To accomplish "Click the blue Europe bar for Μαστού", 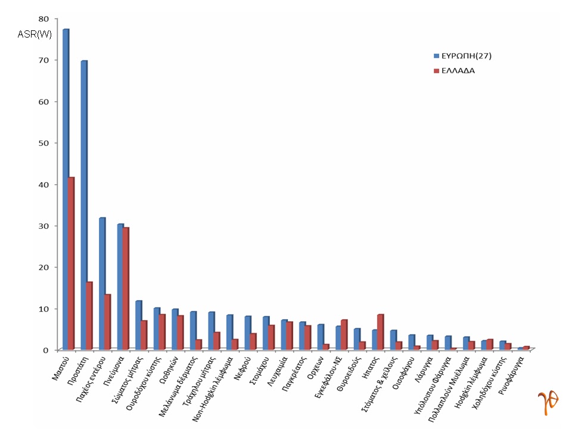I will [66, 191].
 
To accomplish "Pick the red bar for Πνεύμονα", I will [126, 288].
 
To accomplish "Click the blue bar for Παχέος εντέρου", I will [102, 284].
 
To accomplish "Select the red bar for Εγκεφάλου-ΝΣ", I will [344, 334].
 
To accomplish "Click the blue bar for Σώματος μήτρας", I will [138, 325].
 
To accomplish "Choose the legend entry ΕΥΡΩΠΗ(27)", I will [466, 56].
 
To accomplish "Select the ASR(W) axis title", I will [35, 34].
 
